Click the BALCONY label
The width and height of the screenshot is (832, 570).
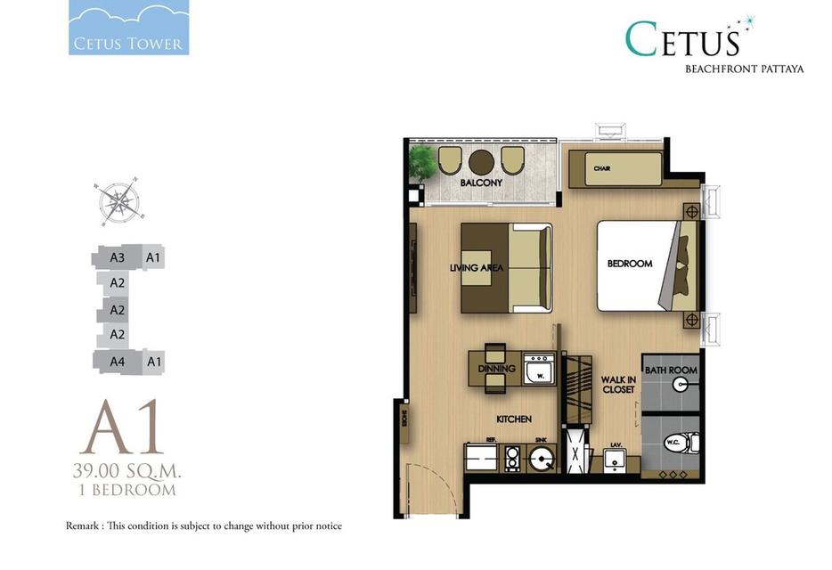[x=481, y=183]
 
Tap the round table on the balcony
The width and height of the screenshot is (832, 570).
[x=482, y=161]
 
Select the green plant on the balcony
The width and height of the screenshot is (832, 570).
[x=423, y=162]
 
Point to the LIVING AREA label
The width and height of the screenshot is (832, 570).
[x=477, y=267]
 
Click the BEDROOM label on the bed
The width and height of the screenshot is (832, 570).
[x=630, y=264]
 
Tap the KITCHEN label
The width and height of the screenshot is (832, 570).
[x=514, y=419]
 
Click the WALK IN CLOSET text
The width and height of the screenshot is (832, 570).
[x=617, y=384]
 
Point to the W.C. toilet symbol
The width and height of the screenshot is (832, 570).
[x=683, y=441]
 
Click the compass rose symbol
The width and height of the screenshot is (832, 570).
[x=118, y=200]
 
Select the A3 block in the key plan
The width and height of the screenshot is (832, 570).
[x=117, y=258]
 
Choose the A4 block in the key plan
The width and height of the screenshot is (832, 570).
[x=117, y=362]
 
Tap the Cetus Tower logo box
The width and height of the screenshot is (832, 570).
[x=128, y=29]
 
